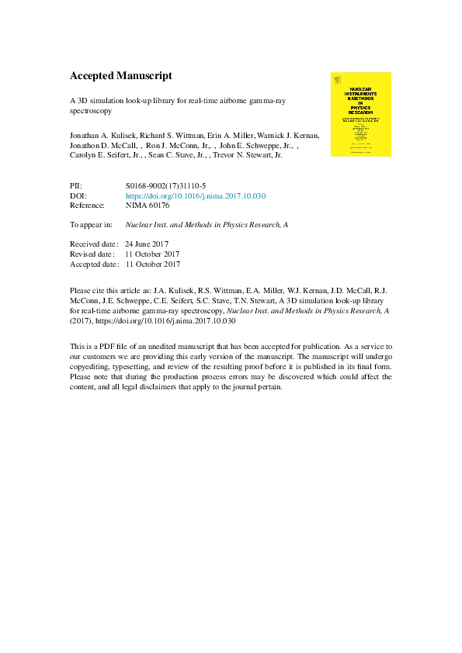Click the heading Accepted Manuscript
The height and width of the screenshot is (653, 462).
[x=120, y=76]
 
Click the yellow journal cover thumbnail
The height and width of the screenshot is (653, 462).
[x=361, y=114]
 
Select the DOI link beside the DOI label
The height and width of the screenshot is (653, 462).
[x=195, y=196]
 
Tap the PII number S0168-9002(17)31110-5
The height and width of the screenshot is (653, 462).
[x=165, y=186]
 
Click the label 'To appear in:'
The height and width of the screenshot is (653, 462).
[x=91, y=225]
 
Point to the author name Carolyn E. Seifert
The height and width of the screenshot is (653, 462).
[x=102, y=155]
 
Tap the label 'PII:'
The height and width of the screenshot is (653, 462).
[x=76, y=186]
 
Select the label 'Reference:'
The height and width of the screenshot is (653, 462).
[x=87, y=206]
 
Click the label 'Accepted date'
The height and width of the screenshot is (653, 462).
[x=92, y=264]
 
